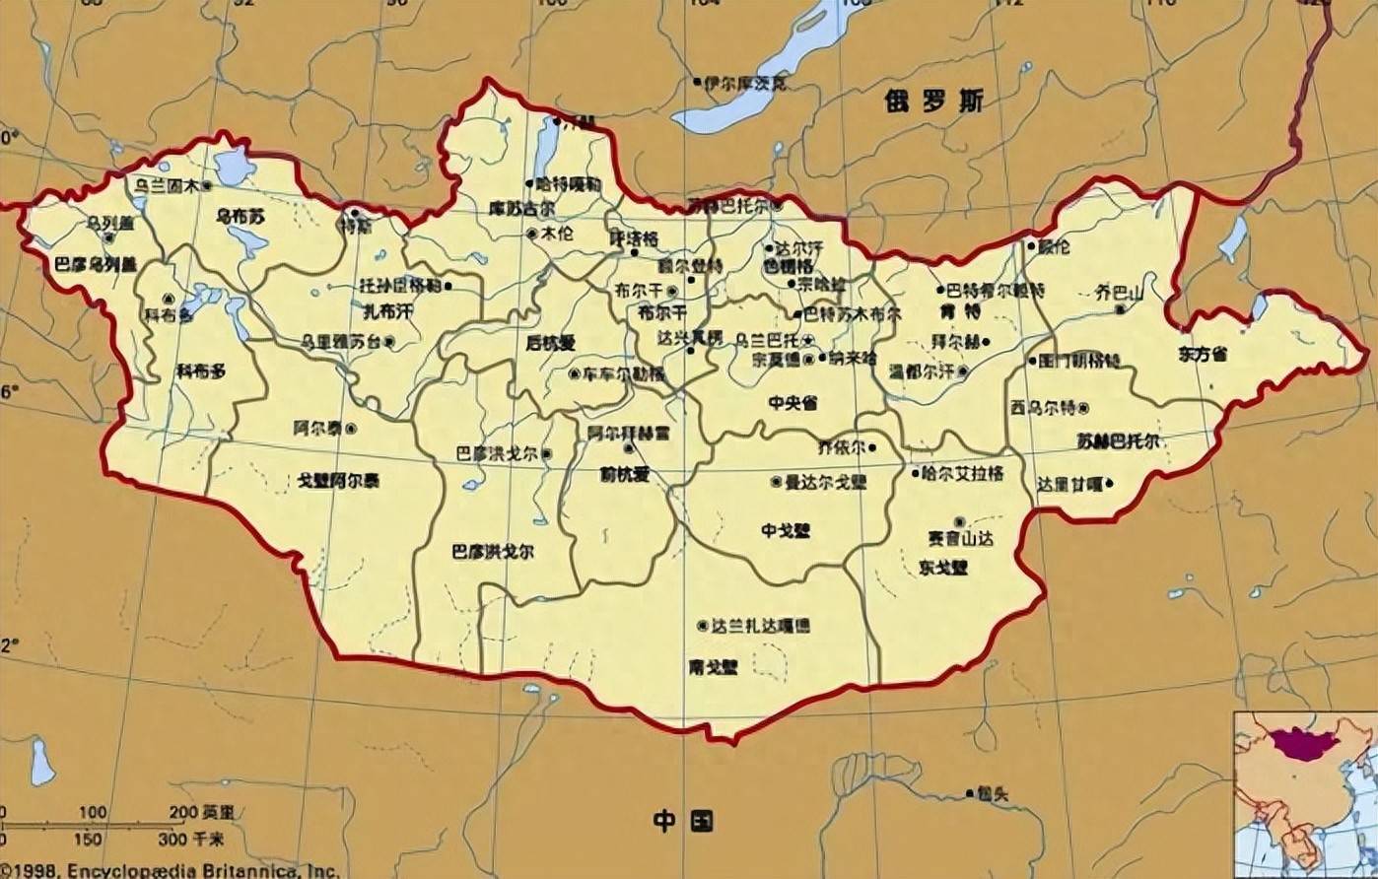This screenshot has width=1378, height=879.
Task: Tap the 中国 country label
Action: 682,820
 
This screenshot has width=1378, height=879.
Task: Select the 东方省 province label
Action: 1203,354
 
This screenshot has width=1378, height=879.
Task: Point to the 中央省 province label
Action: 793,402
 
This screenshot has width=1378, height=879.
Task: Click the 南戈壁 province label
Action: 713,667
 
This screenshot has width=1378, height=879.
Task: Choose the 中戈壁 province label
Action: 786,529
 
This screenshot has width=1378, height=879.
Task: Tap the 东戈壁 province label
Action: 943,568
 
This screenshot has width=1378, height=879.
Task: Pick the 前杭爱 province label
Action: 625,475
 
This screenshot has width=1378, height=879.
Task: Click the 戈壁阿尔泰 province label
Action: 338,480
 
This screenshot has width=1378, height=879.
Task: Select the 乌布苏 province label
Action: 241,214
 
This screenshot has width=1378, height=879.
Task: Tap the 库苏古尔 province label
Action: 521,209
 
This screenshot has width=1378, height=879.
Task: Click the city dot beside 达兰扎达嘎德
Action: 702,626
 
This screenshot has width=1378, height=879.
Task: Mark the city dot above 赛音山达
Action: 959,521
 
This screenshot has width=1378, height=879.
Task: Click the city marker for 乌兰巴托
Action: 809,339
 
